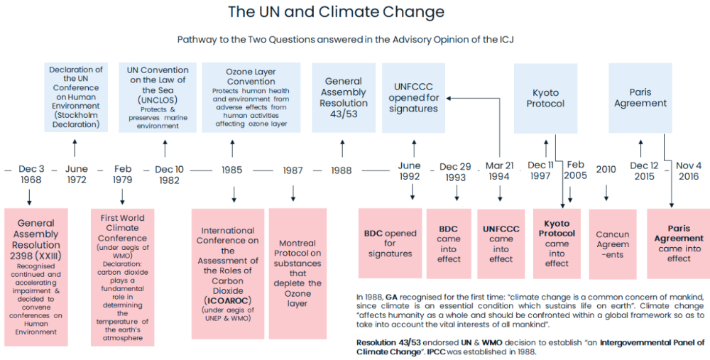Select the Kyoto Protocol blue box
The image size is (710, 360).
click(x=545, y=98)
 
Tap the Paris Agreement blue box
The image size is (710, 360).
click(x=640, y=98)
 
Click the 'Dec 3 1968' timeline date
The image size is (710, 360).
click(x=31, y=175)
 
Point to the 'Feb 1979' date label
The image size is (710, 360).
click(x=123, y=175)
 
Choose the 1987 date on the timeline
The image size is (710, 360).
click(x=293, y=170)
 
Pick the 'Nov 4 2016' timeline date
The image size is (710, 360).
click(x=689, y=171)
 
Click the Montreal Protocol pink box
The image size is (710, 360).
click(x=297, y=273)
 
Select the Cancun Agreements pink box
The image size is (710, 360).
click(x=612, y=244)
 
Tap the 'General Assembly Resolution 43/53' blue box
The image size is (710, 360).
click(x=344, y=98)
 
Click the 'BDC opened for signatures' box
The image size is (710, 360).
click(x=390, y=243)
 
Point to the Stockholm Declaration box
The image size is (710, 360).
click(x=76, y=97)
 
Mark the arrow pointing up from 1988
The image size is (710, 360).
click(x=342, y=148)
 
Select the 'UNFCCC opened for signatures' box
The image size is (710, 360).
click(x=413, y=98)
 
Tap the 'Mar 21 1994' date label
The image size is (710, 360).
click(x=500, y=171)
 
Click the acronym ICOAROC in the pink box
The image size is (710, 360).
click(x=228, y=300)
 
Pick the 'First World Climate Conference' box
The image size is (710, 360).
click(x=122, y=278)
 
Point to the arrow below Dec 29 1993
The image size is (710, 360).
click(x=457, y=192)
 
